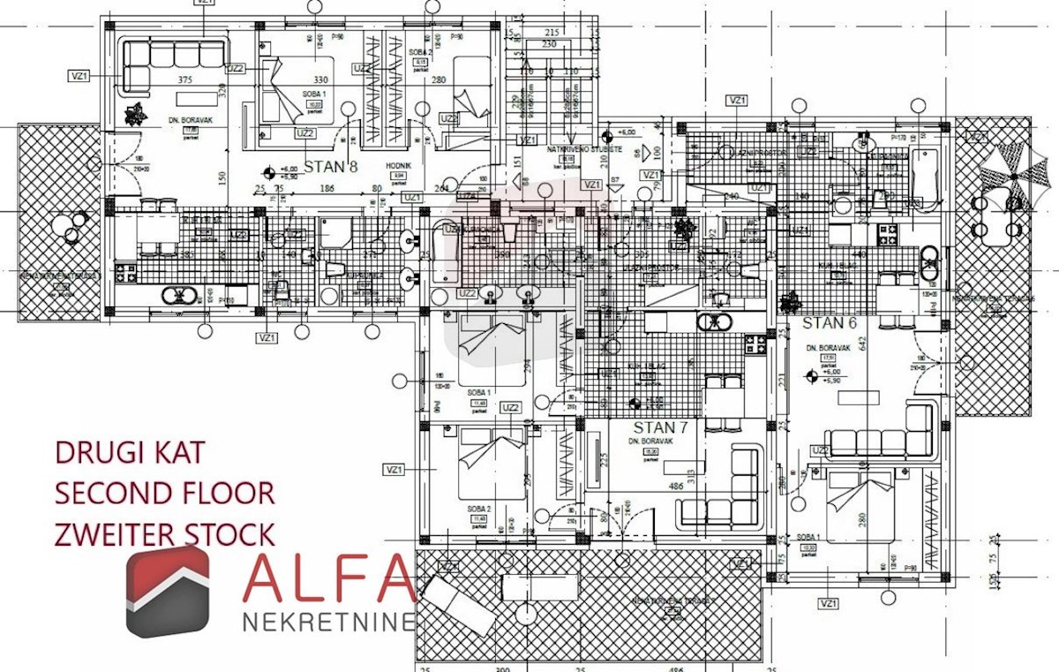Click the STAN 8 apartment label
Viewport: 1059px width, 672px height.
tap(332, 165)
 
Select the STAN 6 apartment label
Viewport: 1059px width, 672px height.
tap(829, 322)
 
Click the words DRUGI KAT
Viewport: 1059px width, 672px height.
tap(130, 452)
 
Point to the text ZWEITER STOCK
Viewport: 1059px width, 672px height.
tap(164, 534)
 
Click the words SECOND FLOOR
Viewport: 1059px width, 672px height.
tap(164, 493)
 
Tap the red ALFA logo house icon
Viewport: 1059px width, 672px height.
tap(167, 590)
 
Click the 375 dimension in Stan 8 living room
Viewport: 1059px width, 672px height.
tap(185, 79)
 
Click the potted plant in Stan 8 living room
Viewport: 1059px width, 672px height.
tap(134, 113)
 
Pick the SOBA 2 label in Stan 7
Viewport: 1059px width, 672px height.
tap(480, 510)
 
